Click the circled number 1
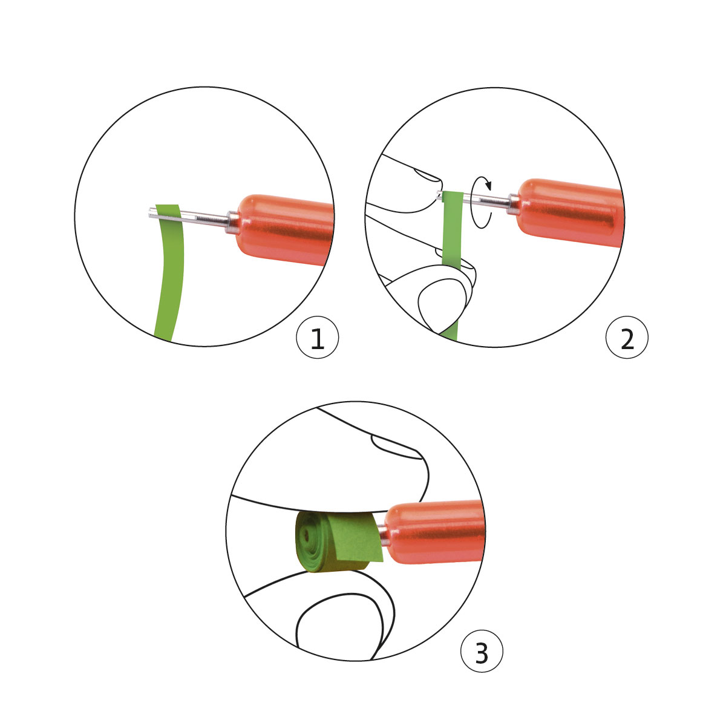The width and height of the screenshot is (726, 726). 317,337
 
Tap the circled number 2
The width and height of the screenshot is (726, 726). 627,337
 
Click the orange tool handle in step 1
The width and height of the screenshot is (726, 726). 285,229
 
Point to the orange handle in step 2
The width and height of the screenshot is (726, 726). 571,212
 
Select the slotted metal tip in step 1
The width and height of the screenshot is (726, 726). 188,217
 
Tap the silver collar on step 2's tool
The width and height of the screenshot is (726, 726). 513,204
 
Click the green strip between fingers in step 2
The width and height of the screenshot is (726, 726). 452,230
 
